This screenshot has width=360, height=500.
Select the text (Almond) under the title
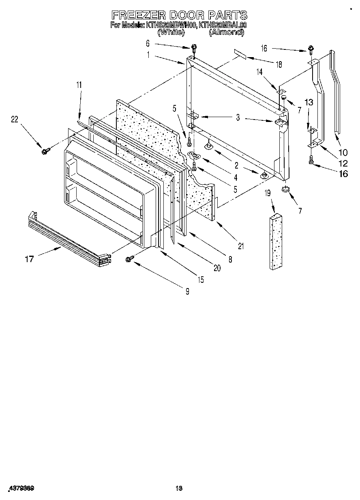click(226, 32)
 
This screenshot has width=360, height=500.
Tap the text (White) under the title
click(171, 32)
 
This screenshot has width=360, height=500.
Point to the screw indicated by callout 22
click(45, 151)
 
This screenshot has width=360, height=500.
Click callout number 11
click(79, 85)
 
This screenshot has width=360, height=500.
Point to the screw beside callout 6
click(194, 48)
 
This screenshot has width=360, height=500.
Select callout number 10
click(343, 152)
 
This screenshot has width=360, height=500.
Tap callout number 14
click(259, 72)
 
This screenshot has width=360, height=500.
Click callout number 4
click(224, 177)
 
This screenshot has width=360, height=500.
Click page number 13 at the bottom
click(179, 489)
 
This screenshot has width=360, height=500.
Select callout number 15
click(200, 279)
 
